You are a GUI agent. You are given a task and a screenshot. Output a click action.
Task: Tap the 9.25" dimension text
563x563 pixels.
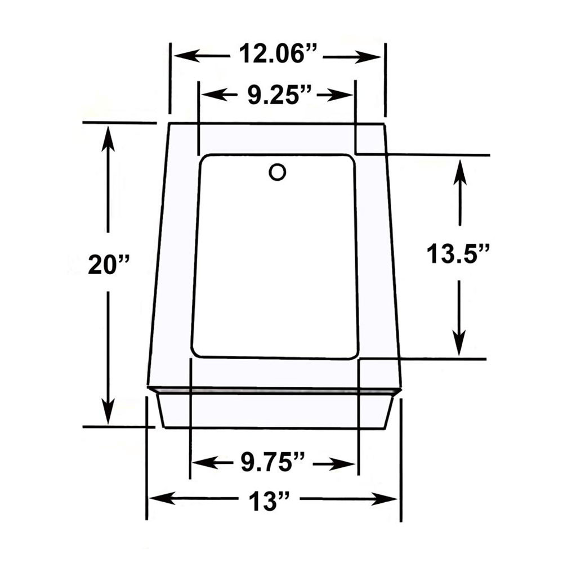pos(279,95)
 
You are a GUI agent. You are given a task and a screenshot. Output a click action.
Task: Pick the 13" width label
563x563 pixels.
pos(269,500)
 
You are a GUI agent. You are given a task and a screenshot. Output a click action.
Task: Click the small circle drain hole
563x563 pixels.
pos(277,172)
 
